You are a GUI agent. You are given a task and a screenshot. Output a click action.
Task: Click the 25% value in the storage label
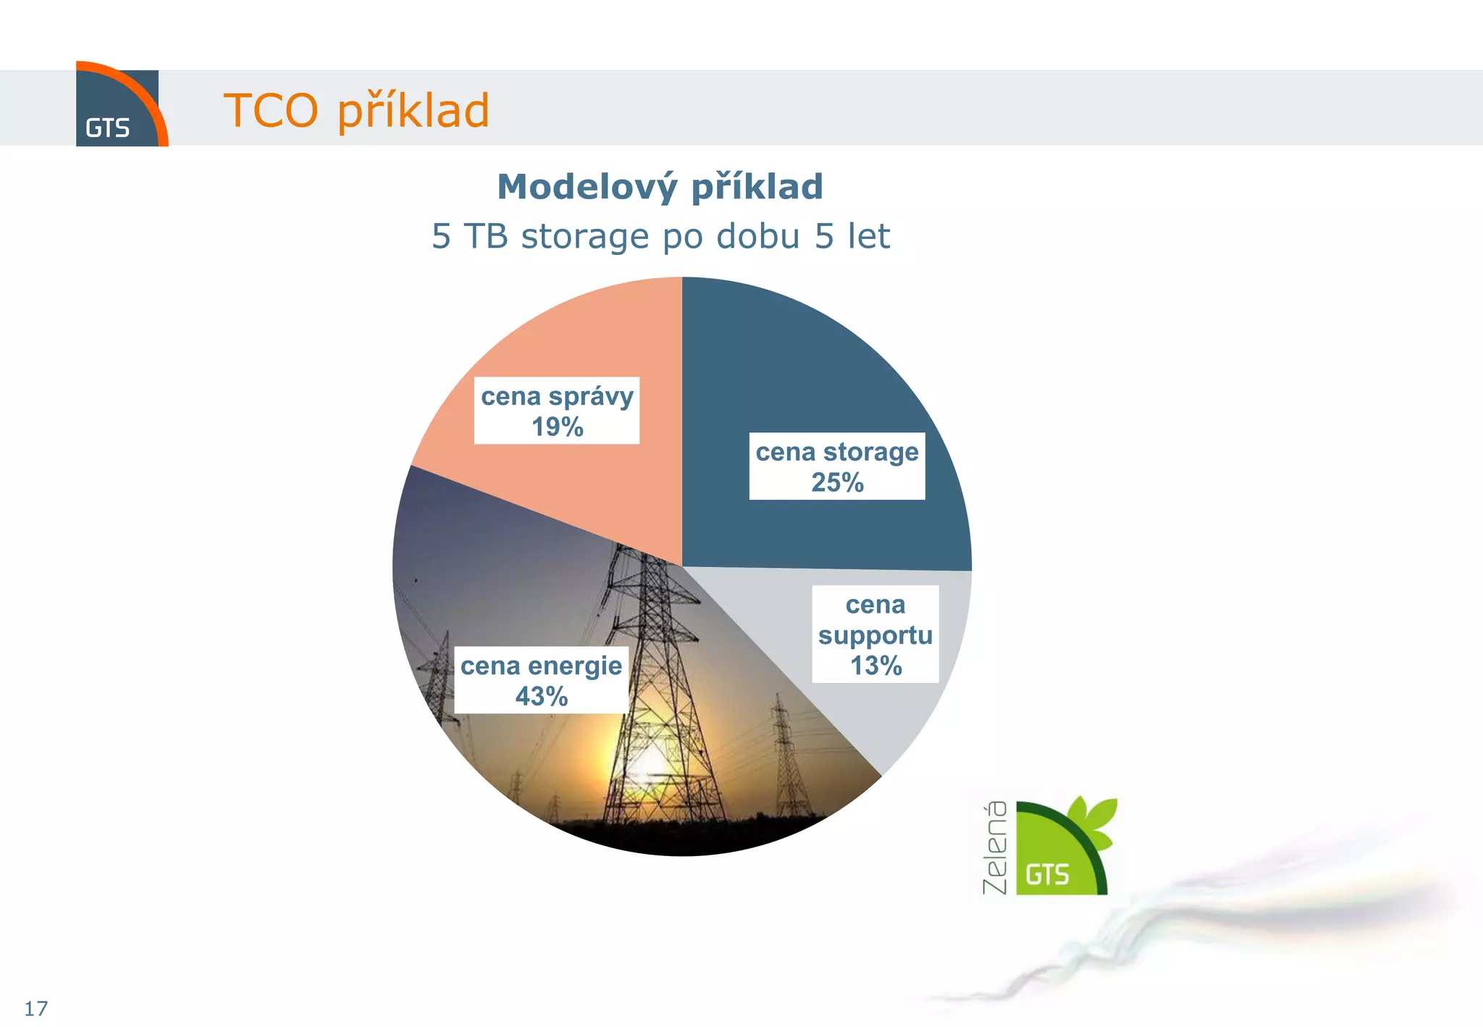click(837, 482)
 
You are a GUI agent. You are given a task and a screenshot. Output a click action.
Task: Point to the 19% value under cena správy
click(557, 427)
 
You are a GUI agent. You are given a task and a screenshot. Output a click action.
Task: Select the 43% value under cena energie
click(541, 697)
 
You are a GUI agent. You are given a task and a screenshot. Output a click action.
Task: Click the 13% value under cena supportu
click(875, 666)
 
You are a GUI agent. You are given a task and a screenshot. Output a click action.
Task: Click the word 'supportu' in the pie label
click(875, 635)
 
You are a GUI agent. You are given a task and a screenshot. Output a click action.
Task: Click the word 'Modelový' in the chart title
click(587, 187)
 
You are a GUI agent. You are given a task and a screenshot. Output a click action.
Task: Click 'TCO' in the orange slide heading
click(271, 111)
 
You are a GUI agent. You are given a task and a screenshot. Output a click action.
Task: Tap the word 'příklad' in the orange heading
click(413, 111)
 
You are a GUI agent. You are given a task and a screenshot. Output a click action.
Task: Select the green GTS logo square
click(1050, 855)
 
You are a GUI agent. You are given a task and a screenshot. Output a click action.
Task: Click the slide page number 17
click(35, 1008)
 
